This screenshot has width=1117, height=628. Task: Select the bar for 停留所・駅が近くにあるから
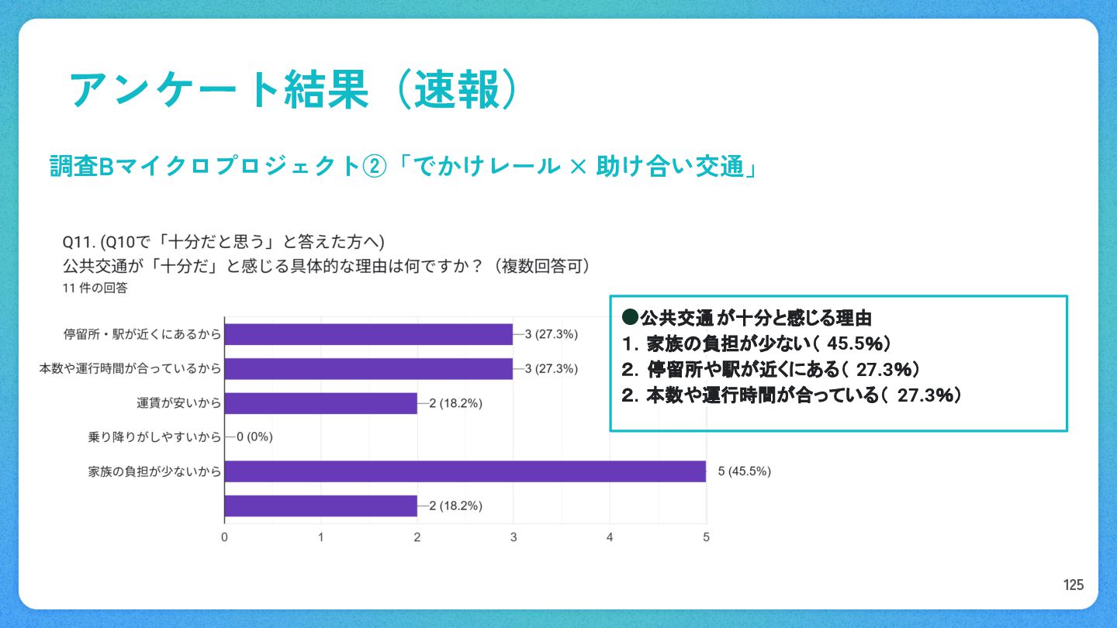click(368, 334)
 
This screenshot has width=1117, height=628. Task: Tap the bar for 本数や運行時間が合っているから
click(368, 368)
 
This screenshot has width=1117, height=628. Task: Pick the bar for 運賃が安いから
click(320, 403)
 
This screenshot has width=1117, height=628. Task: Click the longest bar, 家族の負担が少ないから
click(465, 471)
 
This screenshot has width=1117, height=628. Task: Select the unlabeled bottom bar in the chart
click(320, 506)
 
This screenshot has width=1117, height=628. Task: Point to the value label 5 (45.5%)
click(745, 471)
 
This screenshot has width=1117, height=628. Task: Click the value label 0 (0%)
click(254, 437)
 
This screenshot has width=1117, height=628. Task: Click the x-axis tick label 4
click(610, 537)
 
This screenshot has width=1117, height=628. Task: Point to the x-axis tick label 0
click(224, 537)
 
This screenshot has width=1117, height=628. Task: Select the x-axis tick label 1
click(320, 537)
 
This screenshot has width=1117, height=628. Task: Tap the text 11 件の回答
click(95, 288)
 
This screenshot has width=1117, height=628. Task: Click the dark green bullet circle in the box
click(630, 318)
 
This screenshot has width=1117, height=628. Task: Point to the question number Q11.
click(78, 240)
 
